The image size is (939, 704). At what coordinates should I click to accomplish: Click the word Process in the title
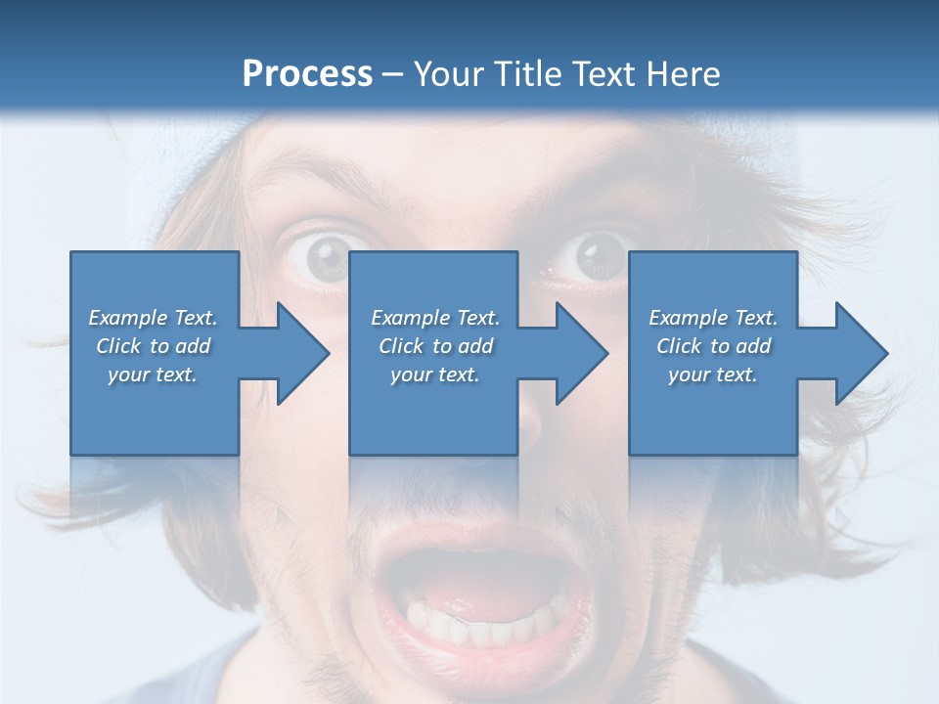click(307, 73)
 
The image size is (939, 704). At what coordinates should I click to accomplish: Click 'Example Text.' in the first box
click(153, 318)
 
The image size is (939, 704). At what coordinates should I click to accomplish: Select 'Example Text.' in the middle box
click(435, 318)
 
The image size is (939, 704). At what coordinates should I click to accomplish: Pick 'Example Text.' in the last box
click(713, 318)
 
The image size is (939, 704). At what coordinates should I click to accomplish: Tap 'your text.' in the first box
click(153, 374)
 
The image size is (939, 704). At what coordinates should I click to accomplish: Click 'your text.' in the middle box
click(435, 374)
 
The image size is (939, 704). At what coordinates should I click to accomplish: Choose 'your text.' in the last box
click(713, 374)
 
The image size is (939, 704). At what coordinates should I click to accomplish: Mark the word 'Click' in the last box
click(680, 346)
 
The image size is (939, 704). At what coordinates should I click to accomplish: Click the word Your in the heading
click(446, 73)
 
